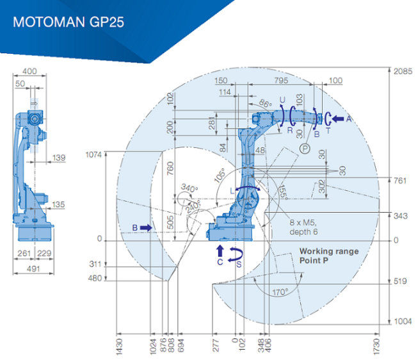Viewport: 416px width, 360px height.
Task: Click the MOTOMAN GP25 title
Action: tap(68, 22)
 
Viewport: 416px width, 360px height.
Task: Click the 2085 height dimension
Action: tap(403, 71)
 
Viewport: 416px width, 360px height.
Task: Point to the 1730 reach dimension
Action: tap(376, 347)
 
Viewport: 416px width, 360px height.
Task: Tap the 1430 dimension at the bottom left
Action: tap(120, 347)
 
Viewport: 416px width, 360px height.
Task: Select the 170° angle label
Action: tap(280, 292)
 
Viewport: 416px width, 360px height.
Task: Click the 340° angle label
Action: tap(189, 188)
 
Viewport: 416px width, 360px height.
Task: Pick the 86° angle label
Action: tap(266, 103)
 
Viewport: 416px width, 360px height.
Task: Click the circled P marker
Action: tap(305, 149)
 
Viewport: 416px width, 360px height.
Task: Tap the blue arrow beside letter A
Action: tap(338, 119)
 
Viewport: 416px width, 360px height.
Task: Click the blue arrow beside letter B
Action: tap(146, 227)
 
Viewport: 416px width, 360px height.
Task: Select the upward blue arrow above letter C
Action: tap(220, 250)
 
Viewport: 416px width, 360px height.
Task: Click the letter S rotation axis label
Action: tap(239, 265)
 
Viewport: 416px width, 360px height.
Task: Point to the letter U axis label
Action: tap(282, 100)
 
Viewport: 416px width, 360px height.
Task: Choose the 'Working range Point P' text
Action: tap(329, 256)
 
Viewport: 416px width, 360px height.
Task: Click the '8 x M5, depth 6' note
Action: tap(303, 227)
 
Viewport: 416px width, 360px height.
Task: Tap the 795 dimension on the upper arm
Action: tap(281, 80)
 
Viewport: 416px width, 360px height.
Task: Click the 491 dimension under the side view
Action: tap(33, 268)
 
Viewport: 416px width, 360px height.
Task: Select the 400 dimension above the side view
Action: tap(29, 71)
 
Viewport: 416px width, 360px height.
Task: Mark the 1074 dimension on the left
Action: tap(93, 154)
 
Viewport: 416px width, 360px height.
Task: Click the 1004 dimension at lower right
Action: tap(403, 322)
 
